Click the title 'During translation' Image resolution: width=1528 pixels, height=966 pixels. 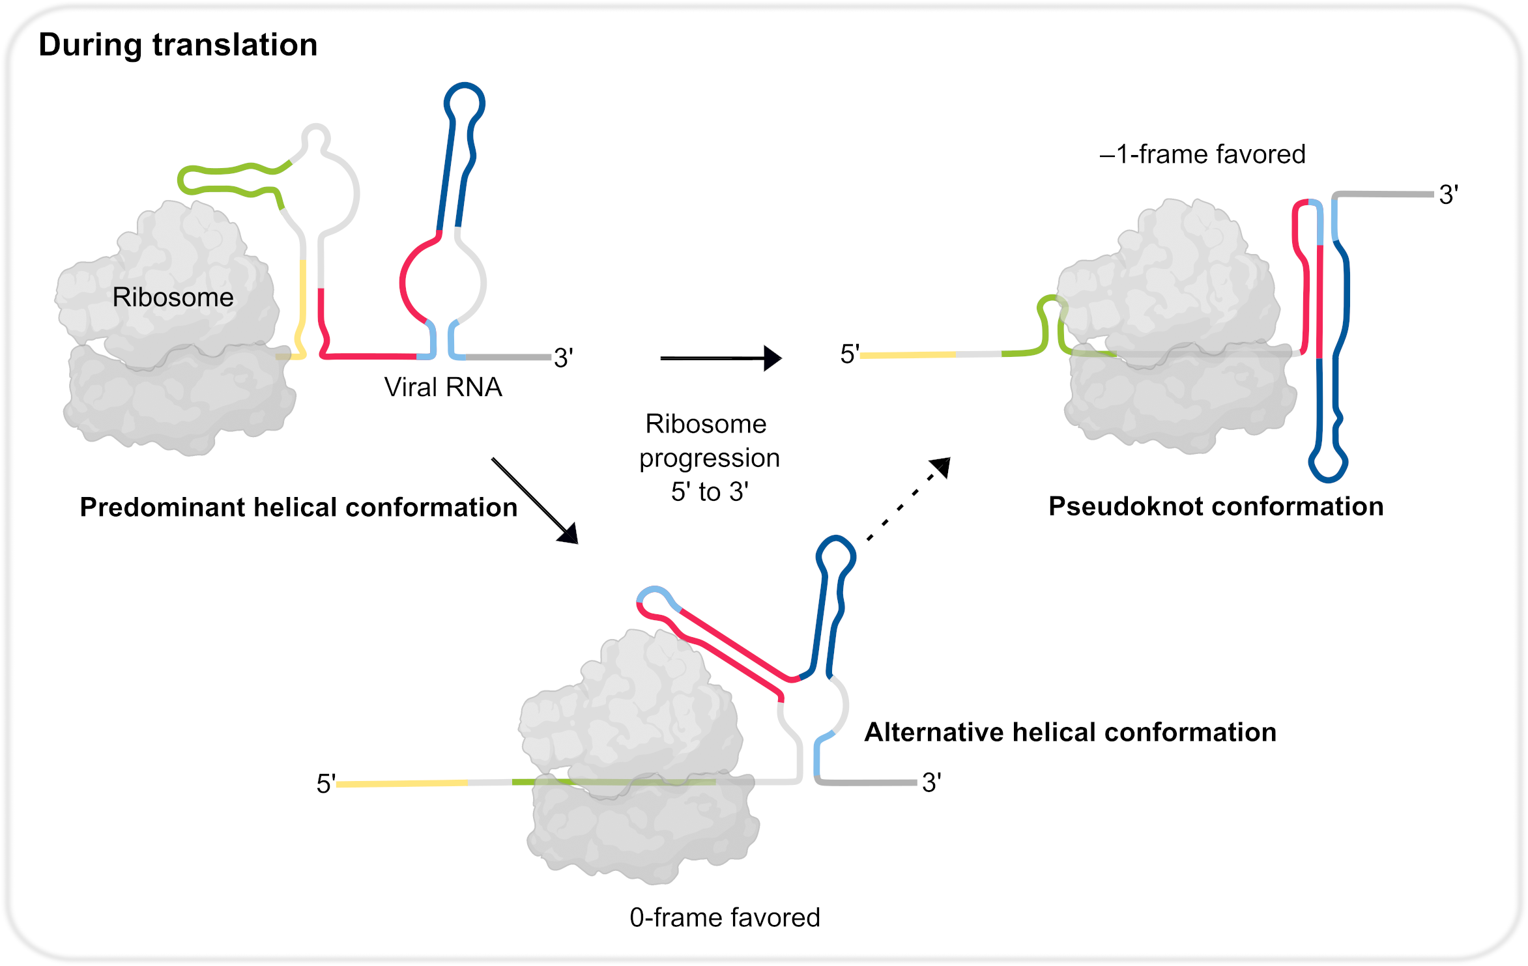(x=178, y=45)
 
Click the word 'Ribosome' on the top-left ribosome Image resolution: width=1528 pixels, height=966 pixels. (x=173, y=297)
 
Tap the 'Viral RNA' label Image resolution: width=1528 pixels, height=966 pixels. (x=443, y=387)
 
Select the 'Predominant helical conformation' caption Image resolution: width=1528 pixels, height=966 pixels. (x=298, y=507)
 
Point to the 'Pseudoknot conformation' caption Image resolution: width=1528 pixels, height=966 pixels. (x=1216, y=506)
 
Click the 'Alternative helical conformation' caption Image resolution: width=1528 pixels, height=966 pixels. (x=1070, y=732)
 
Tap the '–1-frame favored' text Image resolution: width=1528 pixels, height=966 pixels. (x=1202, y=154)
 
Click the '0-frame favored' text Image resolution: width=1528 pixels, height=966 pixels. (x=725, y=917)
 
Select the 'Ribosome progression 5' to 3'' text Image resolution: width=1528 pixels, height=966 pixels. (x=709, y=457)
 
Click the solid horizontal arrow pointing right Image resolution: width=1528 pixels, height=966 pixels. (x=721, y=358)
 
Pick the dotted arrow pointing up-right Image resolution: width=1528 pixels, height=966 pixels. (x=909, y=499)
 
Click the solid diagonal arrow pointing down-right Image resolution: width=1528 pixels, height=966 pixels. (x=535, y=501)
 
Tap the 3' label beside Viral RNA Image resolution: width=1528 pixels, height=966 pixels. (x=563, y=358)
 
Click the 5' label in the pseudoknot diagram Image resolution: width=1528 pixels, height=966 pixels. (x=850, y=354)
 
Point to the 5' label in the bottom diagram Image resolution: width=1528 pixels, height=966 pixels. (x=326, y=783)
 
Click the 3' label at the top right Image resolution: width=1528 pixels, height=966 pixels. (x=1449, y=195)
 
